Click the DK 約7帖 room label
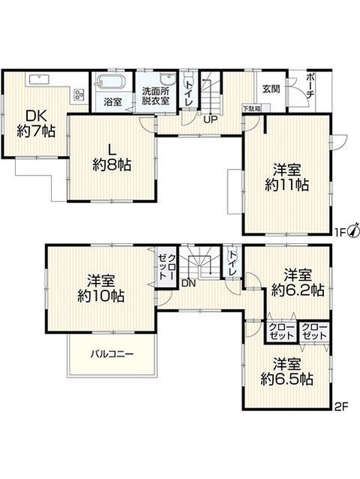coord(36,124)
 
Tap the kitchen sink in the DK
coord(39,79)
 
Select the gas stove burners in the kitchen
coord(79,95)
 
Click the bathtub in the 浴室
coord(110,81)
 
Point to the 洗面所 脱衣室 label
coord(156,96)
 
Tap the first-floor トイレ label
coord(189,93)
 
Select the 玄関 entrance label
coord(271,89)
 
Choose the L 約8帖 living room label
coord(112,158)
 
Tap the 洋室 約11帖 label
coord(286,177)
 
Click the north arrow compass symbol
coord(354,230)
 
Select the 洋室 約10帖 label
coord(101,288)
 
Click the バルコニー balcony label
coord(112,354)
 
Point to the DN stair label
coord(189,284)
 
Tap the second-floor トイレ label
coord(233,263)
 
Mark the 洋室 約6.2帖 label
coord(298,282)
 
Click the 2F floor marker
coord(341,407)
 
